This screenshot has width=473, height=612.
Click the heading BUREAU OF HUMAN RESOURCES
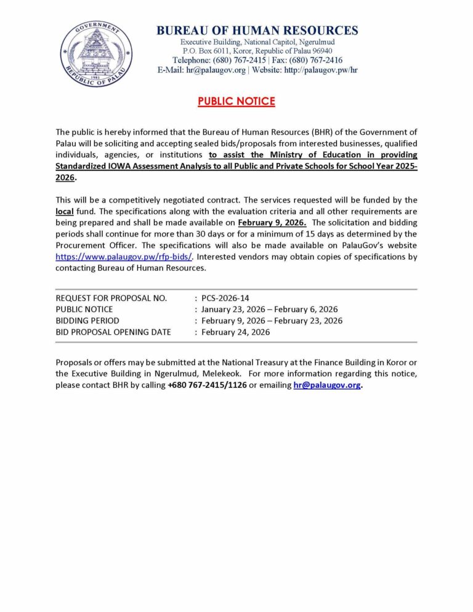coord(257,30)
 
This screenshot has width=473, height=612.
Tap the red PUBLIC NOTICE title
coord(236,102)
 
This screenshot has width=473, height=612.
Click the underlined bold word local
coord(65,211)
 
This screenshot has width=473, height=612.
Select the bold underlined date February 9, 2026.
coord(272,222)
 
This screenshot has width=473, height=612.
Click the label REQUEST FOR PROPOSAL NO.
coord(111,298)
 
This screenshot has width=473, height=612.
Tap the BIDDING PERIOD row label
coord(87,320)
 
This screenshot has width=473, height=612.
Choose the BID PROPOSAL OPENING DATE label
coord(113,332)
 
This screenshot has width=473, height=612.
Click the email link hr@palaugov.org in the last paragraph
coord(327,385)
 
